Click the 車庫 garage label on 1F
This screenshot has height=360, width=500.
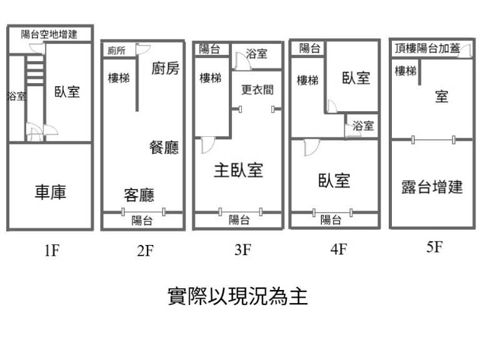[50, 192]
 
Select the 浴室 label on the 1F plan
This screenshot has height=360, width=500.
[16, 96]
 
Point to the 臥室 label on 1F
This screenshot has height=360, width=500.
[67, 92]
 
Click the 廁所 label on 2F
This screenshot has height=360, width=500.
[116, 51]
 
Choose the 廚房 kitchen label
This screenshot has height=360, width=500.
[165, 68]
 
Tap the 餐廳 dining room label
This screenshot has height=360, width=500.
[164, 147]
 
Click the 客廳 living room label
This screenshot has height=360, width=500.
[139, 194]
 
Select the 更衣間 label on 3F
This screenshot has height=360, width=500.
[257, 89]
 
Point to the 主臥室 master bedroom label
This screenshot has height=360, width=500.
[238, 170]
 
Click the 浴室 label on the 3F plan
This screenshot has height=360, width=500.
[256, 54]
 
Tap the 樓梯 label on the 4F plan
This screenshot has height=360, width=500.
[307, 80]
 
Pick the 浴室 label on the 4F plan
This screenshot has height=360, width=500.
[363, 126]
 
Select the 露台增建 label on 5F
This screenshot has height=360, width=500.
[432, 186]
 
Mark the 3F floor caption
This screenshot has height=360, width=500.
[242, 251]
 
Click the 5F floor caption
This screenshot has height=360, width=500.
[434, 247]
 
